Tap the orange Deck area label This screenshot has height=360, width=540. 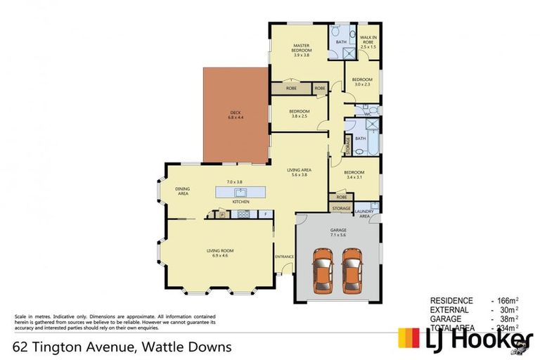[x=234, y=115]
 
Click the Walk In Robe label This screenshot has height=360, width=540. [x=368, y=42]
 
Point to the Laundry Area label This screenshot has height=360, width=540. [x=365, y=214]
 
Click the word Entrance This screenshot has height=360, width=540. [x=284, y=256]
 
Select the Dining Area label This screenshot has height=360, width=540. [x=182, y=191]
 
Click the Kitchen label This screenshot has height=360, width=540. [x=241, y=202]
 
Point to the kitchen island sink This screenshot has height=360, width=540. [x=240, y=191]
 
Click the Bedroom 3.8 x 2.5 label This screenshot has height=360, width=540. [x=299, y=114]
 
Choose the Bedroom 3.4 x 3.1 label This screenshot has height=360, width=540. [x=354, y=174]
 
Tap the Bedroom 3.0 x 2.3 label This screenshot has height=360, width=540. [x=361, y=82]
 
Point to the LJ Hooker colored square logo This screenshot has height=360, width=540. [x=410, y=338]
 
